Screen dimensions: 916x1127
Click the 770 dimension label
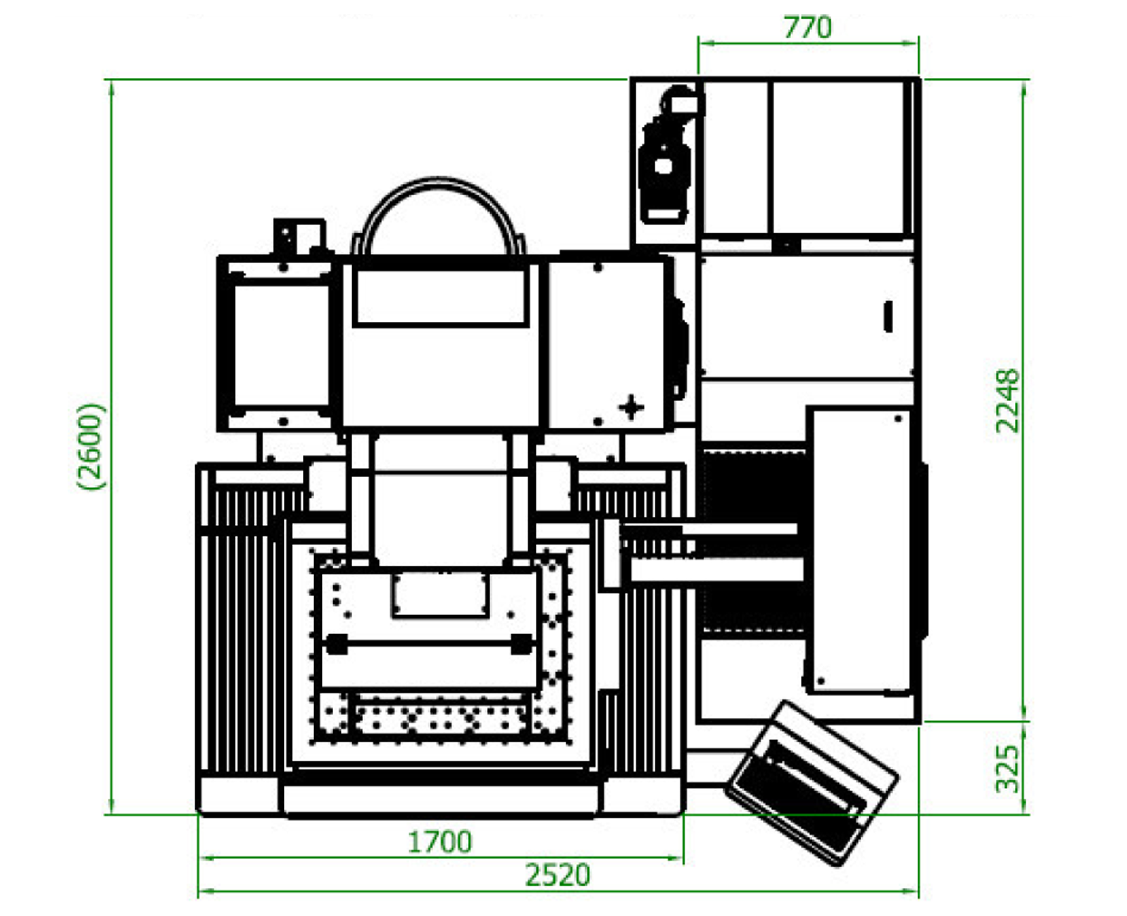pyautogui.click(x=807, y=27)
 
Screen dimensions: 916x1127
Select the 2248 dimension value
pyautogui.click(x=1008, y=400)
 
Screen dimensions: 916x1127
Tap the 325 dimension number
pyautogui.click(x=1008, y=769)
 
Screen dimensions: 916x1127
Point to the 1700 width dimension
pyautogui.click(x=440, y=841)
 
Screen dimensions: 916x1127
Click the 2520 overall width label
pyautogui.click(x=558, y=875)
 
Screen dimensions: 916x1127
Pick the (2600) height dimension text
pyautogui.click(x=92, y=446)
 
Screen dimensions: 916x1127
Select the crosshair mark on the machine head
pyautogui.click(x=630, y=407)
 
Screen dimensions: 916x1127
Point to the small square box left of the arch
pyautogui.click(x=299, y=237)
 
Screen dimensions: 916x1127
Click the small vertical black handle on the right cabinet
pyautogui.click(x=888, y=316)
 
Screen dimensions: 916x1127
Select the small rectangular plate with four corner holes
pyautogui.click(x=440, y=594)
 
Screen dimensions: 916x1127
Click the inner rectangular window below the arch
pyautogui.click(x=441, y=297)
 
